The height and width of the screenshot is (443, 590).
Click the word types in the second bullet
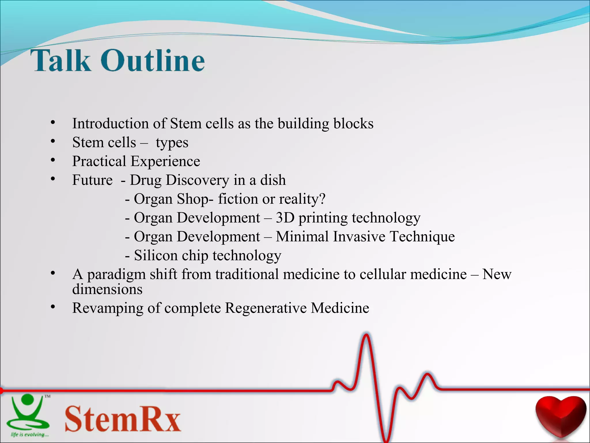(172, 143)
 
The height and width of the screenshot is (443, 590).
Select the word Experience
(165, 162)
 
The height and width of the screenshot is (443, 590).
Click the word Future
(92, 180)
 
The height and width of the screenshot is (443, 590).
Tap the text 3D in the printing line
(285, 218)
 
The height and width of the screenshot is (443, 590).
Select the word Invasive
(359, 236)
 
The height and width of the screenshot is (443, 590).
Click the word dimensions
(107, 289)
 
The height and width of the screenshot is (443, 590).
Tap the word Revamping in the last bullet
(107, 308)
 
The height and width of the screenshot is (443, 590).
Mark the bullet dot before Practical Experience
(53, 160)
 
